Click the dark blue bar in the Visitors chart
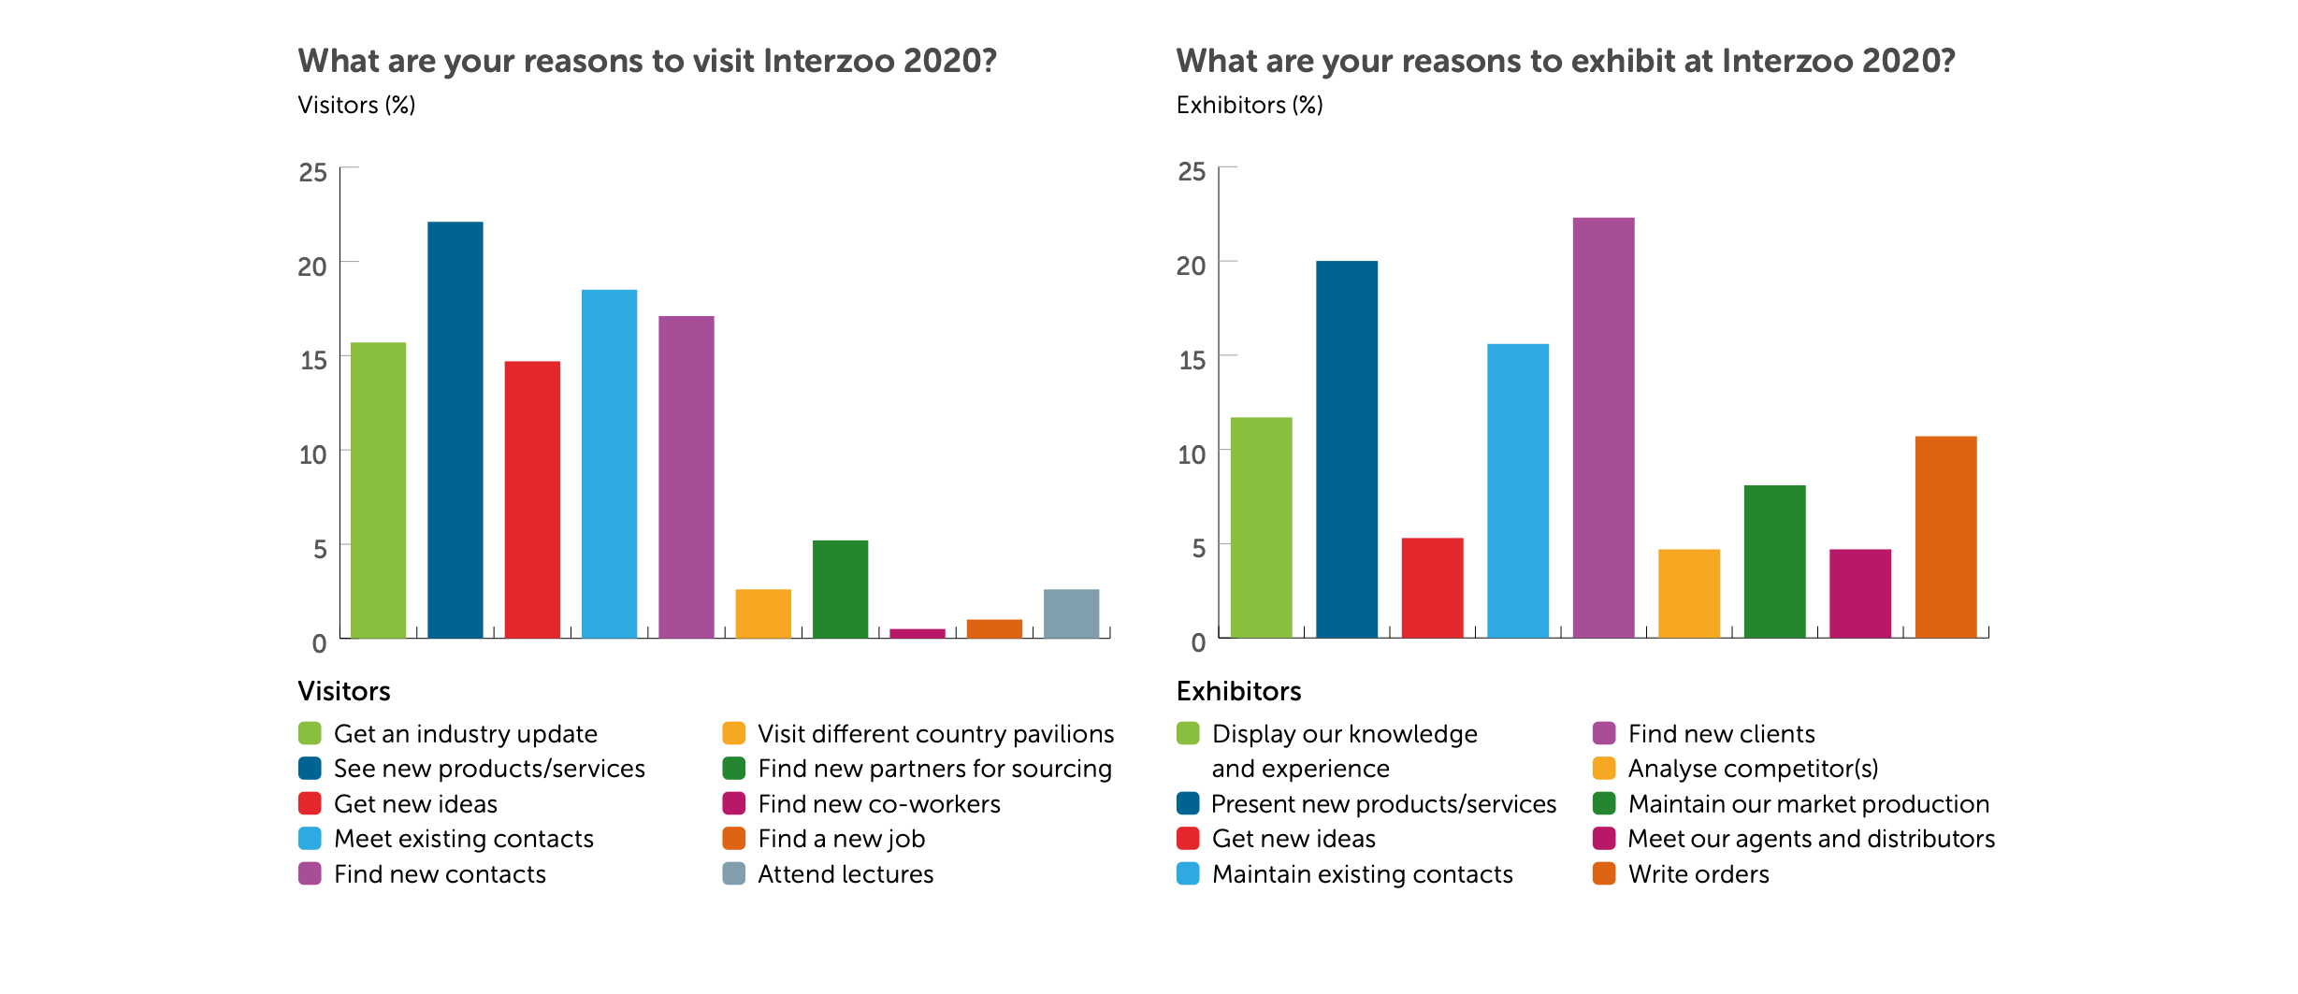(455, 430)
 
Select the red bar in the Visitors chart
(532, 500)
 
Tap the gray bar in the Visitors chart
(1071, 614)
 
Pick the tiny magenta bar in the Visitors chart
(917, 634)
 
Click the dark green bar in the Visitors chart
(840, 589)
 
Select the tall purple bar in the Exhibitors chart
(1603, 428)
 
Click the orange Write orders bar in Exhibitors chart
(1945, 538)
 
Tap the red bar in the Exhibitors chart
(1432, 588)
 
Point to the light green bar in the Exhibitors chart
(1261, 528)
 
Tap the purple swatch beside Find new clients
(1604, 733)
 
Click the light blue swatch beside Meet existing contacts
(310, 839)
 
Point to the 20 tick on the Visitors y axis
(312, 267)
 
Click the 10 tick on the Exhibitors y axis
(1191, 454)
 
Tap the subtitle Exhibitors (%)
(1249, 105)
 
